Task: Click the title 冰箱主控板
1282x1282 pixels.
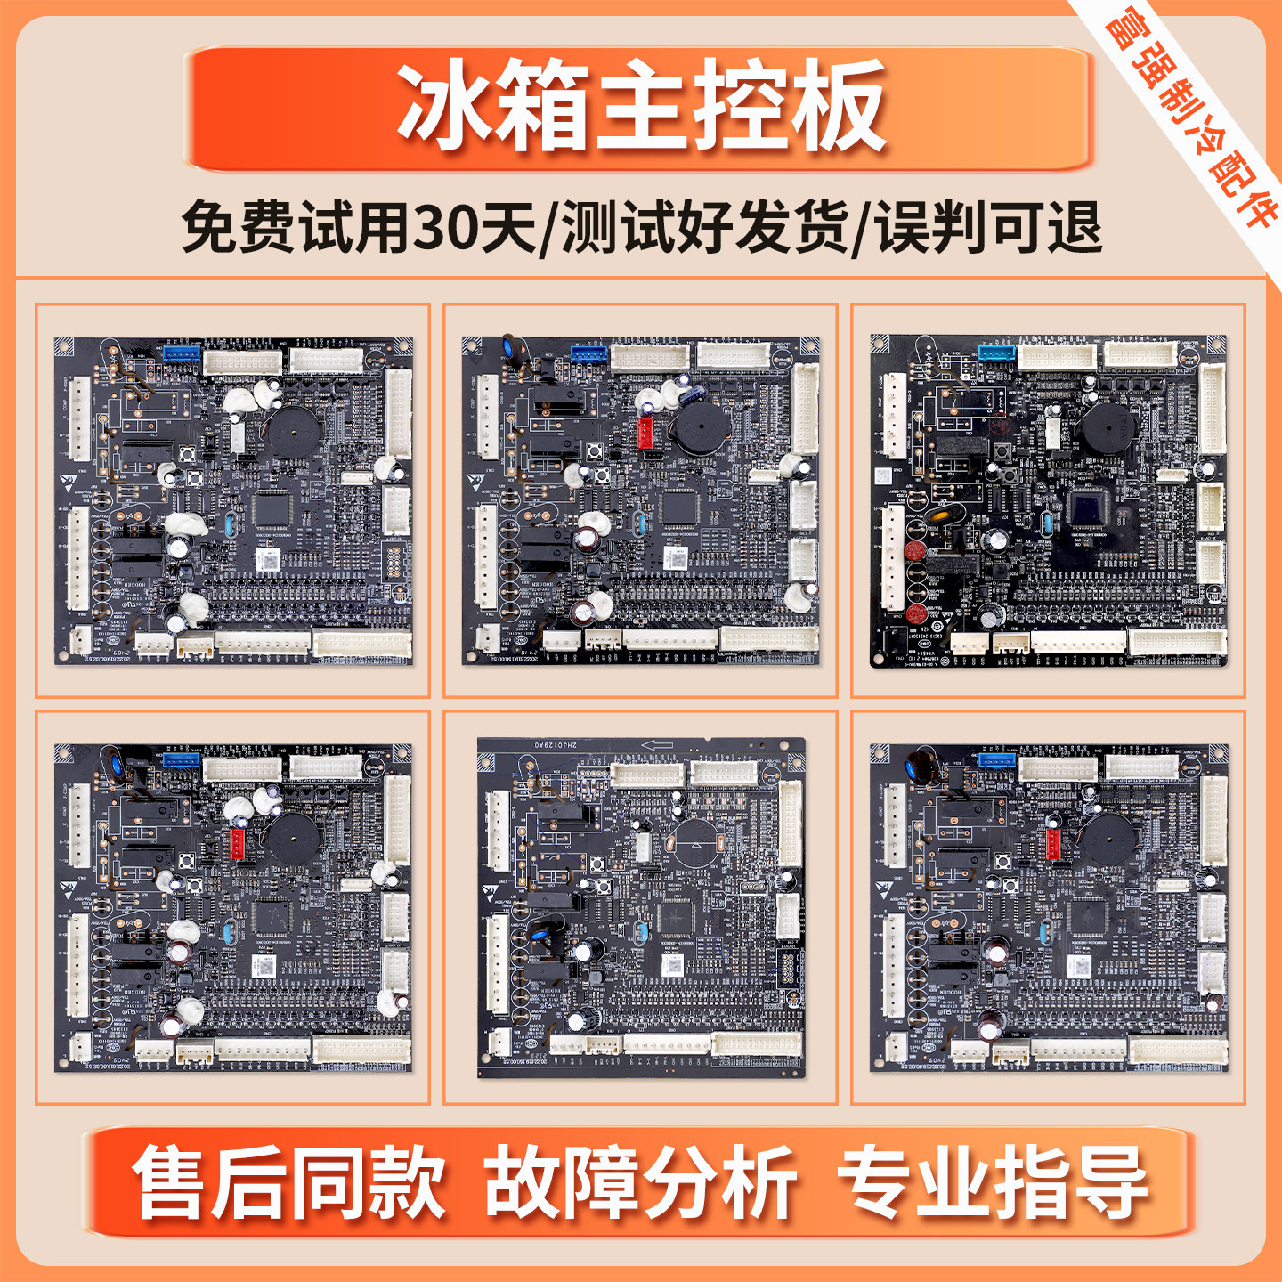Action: [x=640, y=107]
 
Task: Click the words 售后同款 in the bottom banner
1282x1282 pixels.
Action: [x=289, y=1183]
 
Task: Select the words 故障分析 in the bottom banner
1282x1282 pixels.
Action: [x=640, y=1183]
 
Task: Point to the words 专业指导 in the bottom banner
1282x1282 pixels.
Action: [x=992, y=1183]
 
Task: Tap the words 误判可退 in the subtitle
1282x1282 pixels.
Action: [x=988, y=227]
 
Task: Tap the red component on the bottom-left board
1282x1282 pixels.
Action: [x=238, y=843]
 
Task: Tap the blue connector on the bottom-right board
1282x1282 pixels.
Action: [x=997, y=759]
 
